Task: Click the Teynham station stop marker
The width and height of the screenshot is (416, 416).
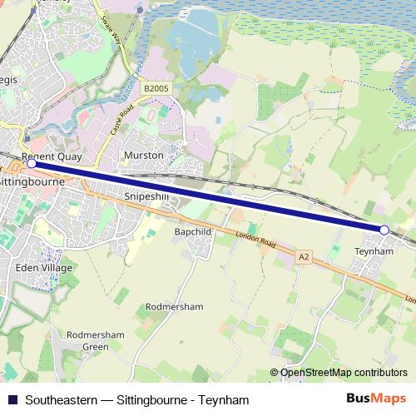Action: click(x=384, y=230)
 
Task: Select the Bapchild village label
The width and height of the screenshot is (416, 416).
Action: click(x=194, y=231)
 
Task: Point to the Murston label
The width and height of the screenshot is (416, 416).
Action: click(x=143, y=156)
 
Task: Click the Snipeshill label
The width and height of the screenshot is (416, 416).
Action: click(x=146, y=196)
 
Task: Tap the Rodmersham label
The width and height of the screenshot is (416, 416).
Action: click(x=174, y=306)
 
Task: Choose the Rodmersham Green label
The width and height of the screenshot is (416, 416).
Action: click(x=88, y=340)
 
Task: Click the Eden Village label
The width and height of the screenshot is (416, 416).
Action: click(x=44, y=268)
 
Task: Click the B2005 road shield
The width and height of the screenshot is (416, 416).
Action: click(x=155, y=87)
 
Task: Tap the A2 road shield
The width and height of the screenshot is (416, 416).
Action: click(x=304, y=258)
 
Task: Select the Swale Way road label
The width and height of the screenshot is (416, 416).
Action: click(x=111, y=32)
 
